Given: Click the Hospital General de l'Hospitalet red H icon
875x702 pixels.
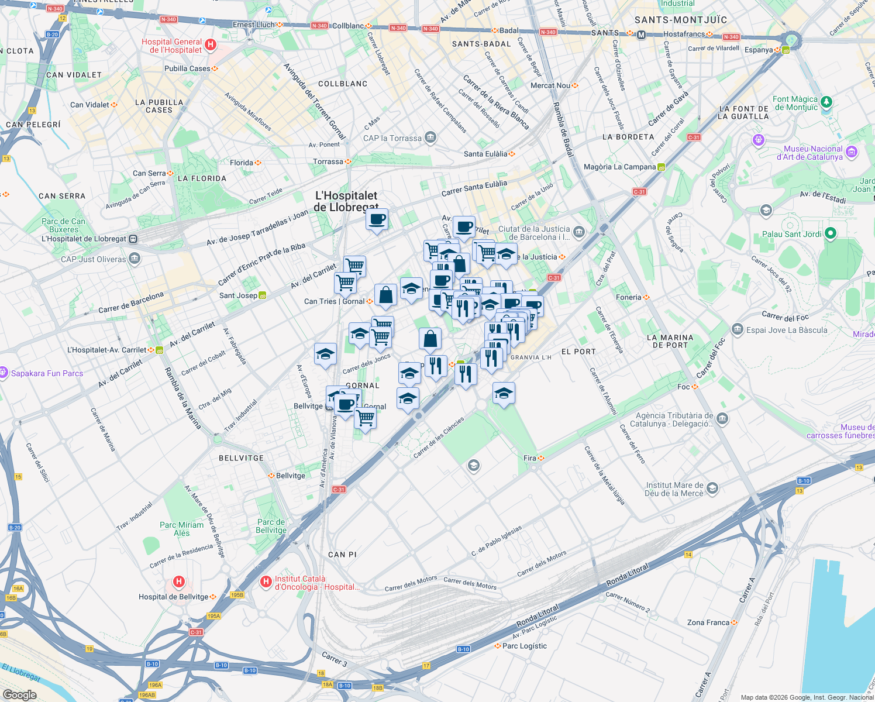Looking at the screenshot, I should point(211,44).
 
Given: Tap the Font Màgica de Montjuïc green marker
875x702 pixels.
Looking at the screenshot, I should point(826,102).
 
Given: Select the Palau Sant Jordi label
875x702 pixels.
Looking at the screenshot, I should point(791,234).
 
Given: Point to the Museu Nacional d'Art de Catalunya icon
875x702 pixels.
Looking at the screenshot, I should point(852,152).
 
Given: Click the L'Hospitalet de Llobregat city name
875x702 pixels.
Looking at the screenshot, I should point(346,201).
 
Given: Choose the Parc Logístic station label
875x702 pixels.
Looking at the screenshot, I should point(525,646).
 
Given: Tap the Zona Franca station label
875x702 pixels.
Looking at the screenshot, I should point(708,622).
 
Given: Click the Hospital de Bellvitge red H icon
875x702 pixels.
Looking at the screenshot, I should point(179,581).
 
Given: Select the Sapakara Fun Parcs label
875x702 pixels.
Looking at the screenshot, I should point(47,373).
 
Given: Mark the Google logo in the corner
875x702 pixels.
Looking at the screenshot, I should point(19,695).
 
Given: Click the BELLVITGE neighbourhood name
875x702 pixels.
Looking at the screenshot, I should point(241,458).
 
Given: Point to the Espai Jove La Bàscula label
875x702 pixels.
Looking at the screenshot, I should point(787,330).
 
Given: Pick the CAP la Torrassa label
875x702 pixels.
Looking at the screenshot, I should point(392,138).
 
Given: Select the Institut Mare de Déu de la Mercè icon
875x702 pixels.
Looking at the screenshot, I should point(712,488).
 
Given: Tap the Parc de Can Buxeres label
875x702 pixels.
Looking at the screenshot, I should point(63,225).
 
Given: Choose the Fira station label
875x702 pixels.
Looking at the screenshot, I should point(530,458).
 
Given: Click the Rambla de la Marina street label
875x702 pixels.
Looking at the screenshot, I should point(182,398).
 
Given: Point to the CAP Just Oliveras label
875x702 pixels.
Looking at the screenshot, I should point(94,259).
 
